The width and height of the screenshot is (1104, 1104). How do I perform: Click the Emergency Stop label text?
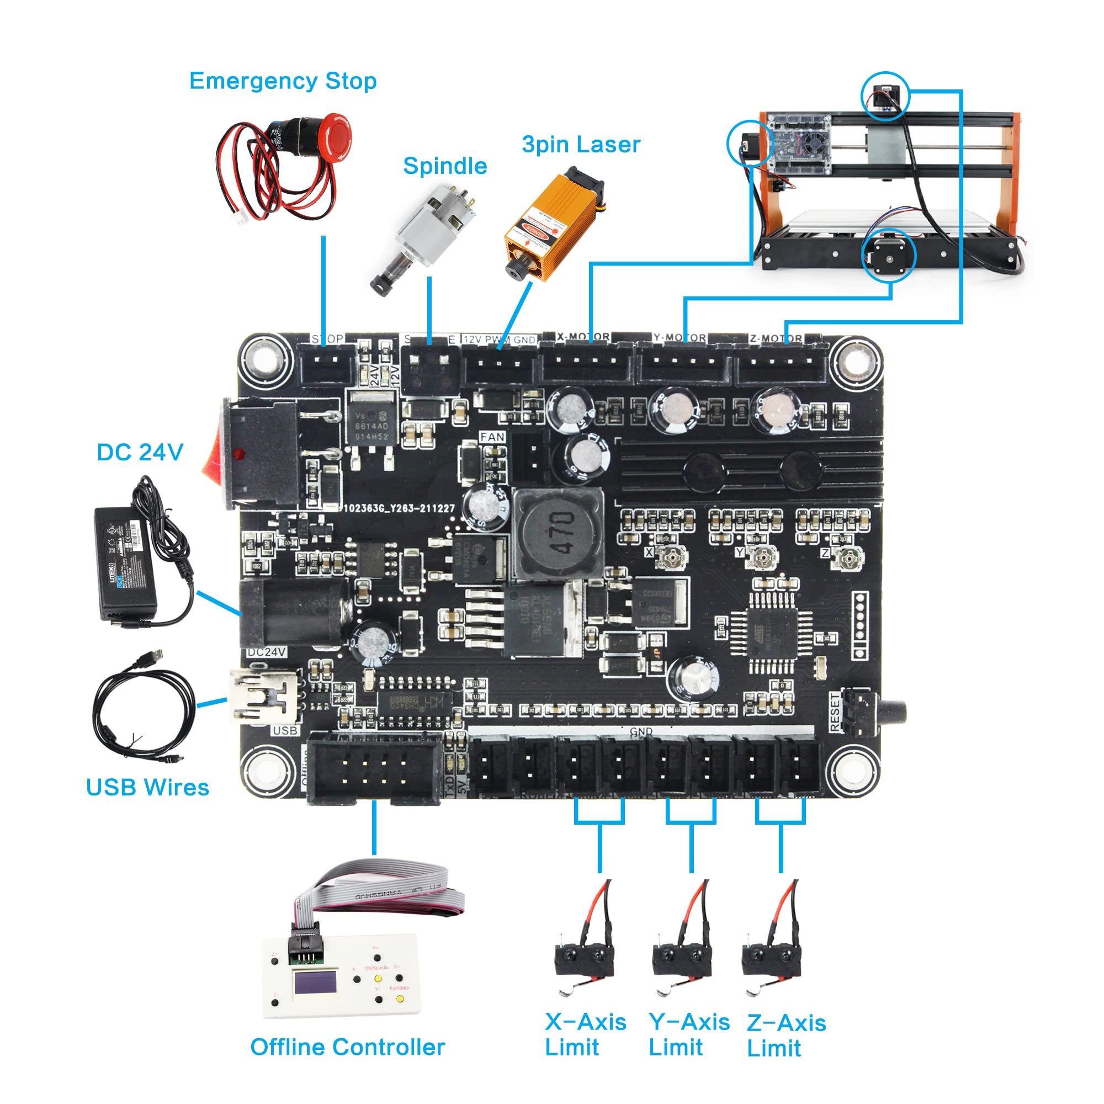click(283, 81)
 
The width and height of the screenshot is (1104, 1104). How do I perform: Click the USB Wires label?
click(147, 788)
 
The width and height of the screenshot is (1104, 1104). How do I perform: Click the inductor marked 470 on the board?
click(558, 533)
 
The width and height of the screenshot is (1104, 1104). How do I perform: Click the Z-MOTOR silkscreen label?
click(776, 338)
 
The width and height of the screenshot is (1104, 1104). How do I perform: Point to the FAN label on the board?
click(492, 437)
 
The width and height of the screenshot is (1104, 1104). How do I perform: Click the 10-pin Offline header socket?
click(374, 768)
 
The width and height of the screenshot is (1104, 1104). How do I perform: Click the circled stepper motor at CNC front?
click(889, 256)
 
